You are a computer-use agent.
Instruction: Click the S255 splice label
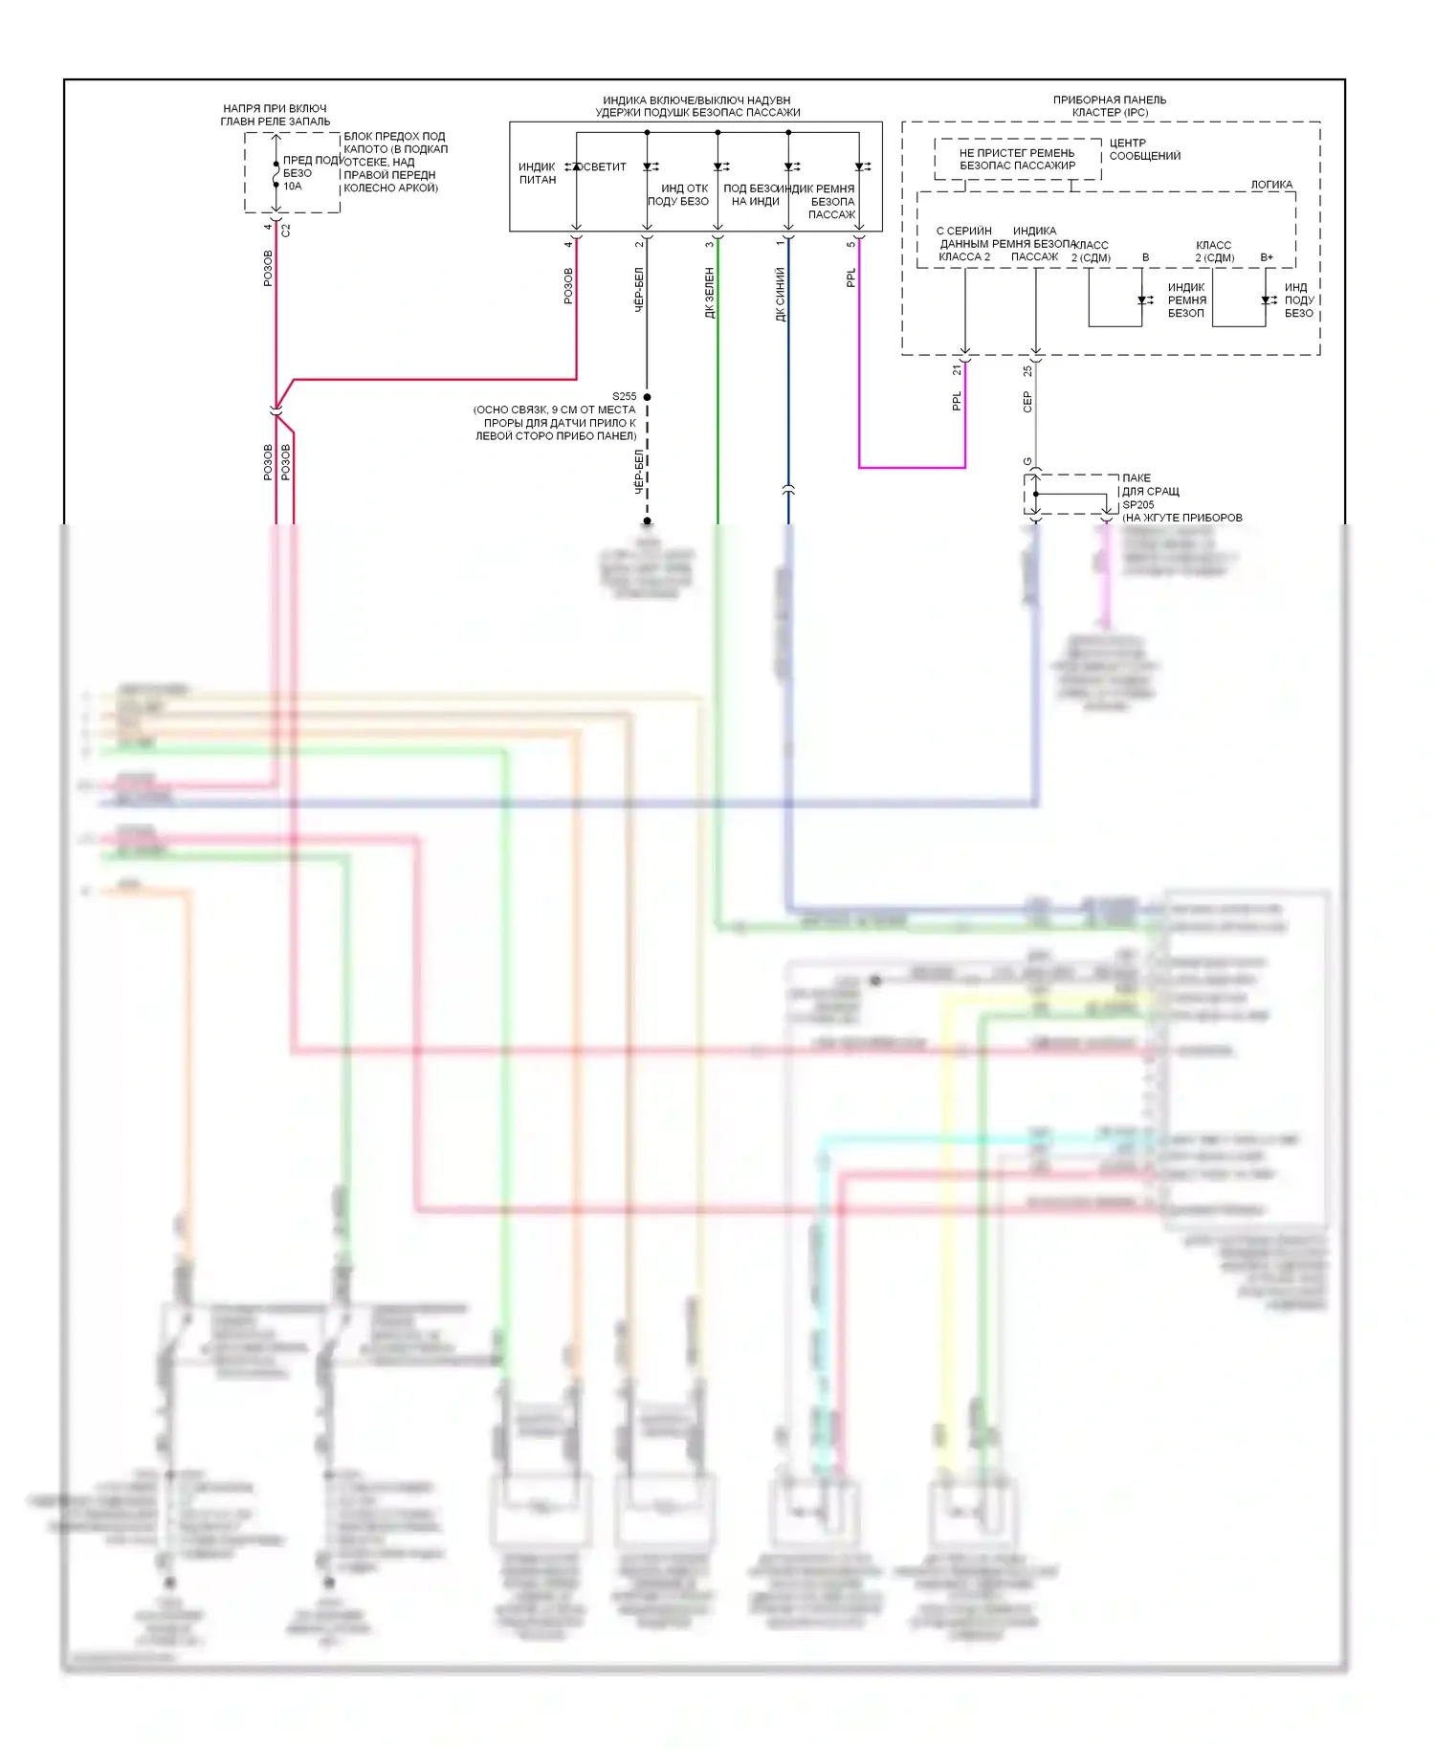point(624,396)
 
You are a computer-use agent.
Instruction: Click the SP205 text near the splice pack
point(1137,504)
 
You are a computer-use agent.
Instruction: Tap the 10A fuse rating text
point(292,187)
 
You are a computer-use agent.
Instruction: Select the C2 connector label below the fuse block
point(285,231)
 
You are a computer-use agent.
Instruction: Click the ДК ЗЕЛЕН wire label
point(709,293)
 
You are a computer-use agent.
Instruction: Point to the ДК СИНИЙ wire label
point(780,294)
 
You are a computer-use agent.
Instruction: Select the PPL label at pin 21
point(956,401)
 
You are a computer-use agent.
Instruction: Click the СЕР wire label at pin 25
point(1027,402)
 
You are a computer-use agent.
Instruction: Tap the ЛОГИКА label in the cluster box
point(1271,185)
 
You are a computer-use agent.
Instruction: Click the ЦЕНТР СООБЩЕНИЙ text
point(1144,149)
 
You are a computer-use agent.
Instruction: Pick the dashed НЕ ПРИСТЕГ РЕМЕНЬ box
point(1017,159)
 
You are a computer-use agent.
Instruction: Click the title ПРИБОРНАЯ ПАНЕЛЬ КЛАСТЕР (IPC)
point(1110,106)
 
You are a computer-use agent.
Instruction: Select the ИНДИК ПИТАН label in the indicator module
point(537,173)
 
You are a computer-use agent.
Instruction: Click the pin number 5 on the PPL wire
point(850,244)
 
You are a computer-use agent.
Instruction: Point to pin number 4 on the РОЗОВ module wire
point(567,244)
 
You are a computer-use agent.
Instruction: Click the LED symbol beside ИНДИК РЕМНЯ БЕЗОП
point(1144,300)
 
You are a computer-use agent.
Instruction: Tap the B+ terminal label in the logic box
point(1267,257)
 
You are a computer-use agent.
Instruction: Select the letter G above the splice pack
point(1027,461)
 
